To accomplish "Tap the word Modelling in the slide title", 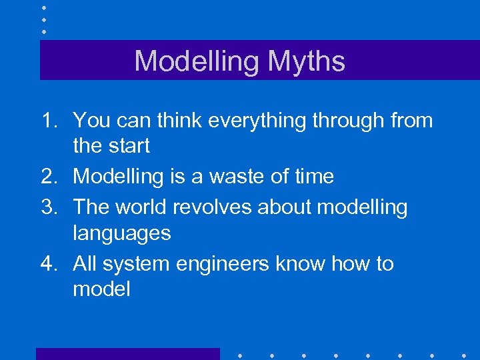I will coord(197,61).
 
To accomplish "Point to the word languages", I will coord(122,234).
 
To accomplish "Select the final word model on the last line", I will coord(101,289).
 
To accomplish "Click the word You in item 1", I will coord(93,121).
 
